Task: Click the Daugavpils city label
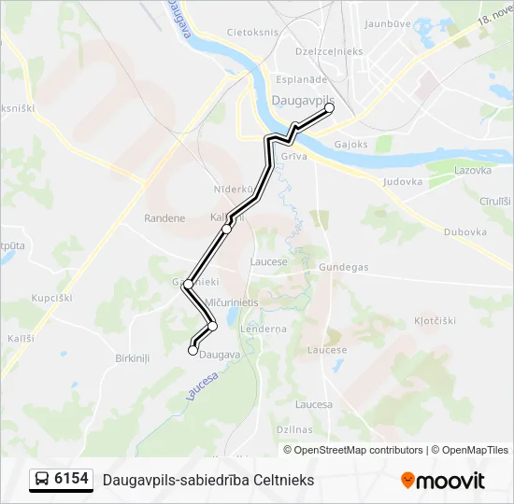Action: click(302, 97)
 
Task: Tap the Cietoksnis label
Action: click(252, 32)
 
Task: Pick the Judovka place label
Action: click(403, 182)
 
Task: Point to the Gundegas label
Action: click(343, 267)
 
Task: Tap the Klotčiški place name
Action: click(435, 320)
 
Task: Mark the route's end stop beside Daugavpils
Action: click(329, 108)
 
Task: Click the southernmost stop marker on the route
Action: click(193, 351)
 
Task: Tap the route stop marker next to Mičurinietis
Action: click(213, 326)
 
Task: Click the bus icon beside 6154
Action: click(42, 480)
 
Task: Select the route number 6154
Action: click(72, 480)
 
